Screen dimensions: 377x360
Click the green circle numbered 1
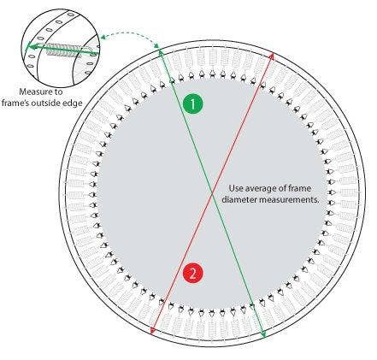pyautogui.click(x=193, y=104)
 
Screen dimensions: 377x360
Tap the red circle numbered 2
pyautogui.click(x=193, y=274)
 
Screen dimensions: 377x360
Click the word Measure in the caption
pyautogui.click(x=36, y=91)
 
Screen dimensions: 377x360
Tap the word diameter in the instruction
pyautogui.click(x=239, y=199)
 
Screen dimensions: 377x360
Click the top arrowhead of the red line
pyautogui.click(x=272, y=55)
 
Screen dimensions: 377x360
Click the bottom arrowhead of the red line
pyautogui.click(x=153, y=331)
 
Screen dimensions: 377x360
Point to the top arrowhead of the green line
pyautogui.click(x=161, y=52)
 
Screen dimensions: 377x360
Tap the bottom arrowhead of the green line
pyautogui.click(x=263, y=334)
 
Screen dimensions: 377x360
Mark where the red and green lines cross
pyautogui.click(x=212, y=193)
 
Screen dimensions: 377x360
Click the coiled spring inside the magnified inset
pyautogui.click(x=63, y=50)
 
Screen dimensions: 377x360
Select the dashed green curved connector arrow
pyautogui.click(x=130, y=35)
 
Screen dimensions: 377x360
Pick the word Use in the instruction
pyautogui.click(x=236, y=188)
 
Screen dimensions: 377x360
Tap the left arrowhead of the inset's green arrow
pyautogui.click(x=29, y=46)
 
